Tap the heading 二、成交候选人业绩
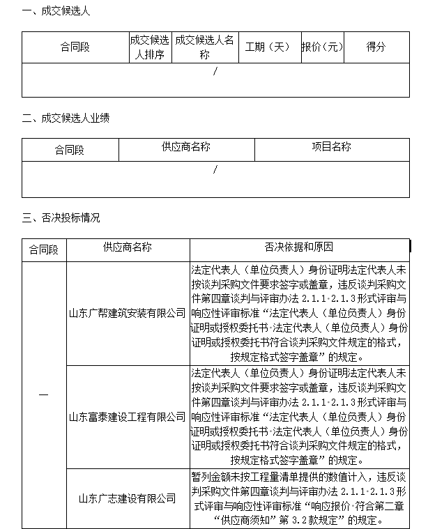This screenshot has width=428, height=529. (66, 118)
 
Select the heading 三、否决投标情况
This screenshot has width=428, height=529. (61, 218)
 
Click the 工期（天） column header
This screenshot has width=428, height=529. (267, 47)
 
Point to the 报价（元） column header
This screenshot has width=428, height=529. (323, 47)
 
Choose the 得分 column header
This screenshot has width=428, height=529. (376, 47)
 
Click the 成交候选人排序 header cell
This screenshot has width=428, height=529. (150, 47)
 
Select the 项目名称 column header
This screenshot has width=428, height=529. (331, 147)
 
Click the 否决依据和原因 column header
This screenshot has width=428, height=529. (299, 247)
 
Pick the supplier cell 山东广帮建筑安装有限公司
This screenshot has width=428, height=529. (127, 313)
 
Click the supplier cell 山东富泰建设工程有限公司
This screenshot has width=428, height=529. (127, 417)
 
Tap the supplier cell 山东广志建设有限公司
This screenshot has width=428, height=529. (127, 498)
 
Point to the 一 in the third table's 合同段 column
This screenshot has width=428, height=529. (44, 395)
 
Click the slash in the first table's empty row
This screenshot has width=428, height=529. (215, 71)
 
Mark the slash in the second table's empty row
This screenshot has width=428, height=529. (215, 169)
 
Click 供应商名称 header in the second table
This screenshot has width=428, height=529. (185, 147)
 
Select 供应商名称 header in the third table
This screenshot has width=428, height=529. (128, 247)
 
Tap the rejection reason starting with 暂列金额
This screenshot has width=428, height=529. (299, 498)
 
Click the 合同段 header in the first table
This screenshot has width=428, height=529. (75, 47)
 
